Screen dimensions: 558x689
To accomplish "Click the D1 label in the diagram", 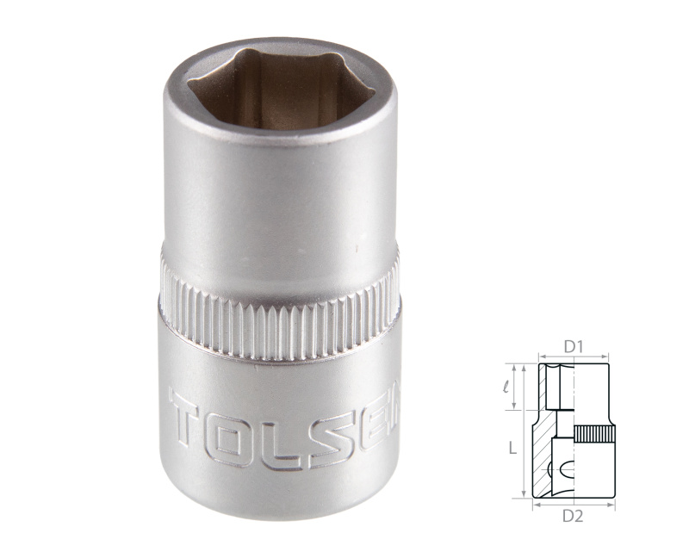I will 574,346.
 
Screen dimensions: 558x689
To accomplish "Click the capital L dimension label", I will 512,449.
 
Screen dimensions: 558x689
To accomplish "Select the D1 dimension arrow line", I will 574,356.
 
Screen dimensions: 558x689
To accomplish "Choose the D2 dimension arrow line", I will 574,505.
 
